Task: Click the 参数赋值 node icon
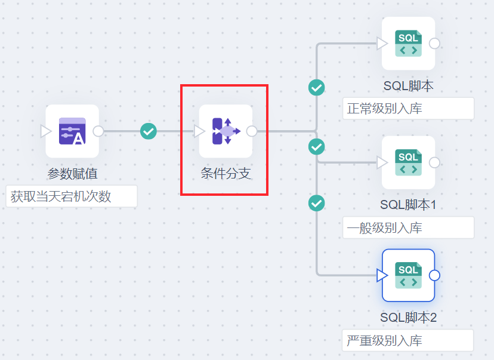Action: click(72, 131)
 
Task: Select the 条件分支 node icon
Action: click(226, 131)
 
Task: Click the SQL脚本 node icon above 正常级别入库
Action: click(408, 44)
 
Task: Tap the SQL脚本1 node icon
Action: click(408, 162)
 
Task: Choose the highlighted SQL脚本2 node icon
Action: click(408, 275)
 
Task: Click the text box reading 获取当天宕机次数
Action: click(72, 196)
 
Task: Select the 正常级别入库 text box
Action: click(408, 109)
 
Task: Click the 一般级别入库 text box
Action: click(408, 227)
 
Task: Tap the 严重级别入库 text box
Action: click(408, 340)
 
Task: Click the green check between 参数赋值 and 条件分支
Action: click(149, 131)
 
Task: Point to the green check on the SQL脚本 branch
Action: click(316, 88)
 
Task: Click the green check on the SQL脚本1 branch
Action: click(316, 146)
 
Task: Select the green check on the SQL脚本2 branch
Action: click(316, 203)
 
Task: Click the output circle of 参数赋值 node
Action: click(98, 131)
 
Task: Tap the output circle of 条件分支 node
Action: click(252, 131)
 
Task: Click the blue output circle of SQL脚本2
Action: click(434, 275)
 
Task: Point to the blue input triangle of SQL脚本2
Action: click(382, 275)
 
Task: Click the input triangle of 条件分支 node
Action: click(199, 131)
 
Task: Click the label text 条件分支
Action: click(226, 174)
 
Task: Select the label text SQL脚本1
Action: click(408, 205)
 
